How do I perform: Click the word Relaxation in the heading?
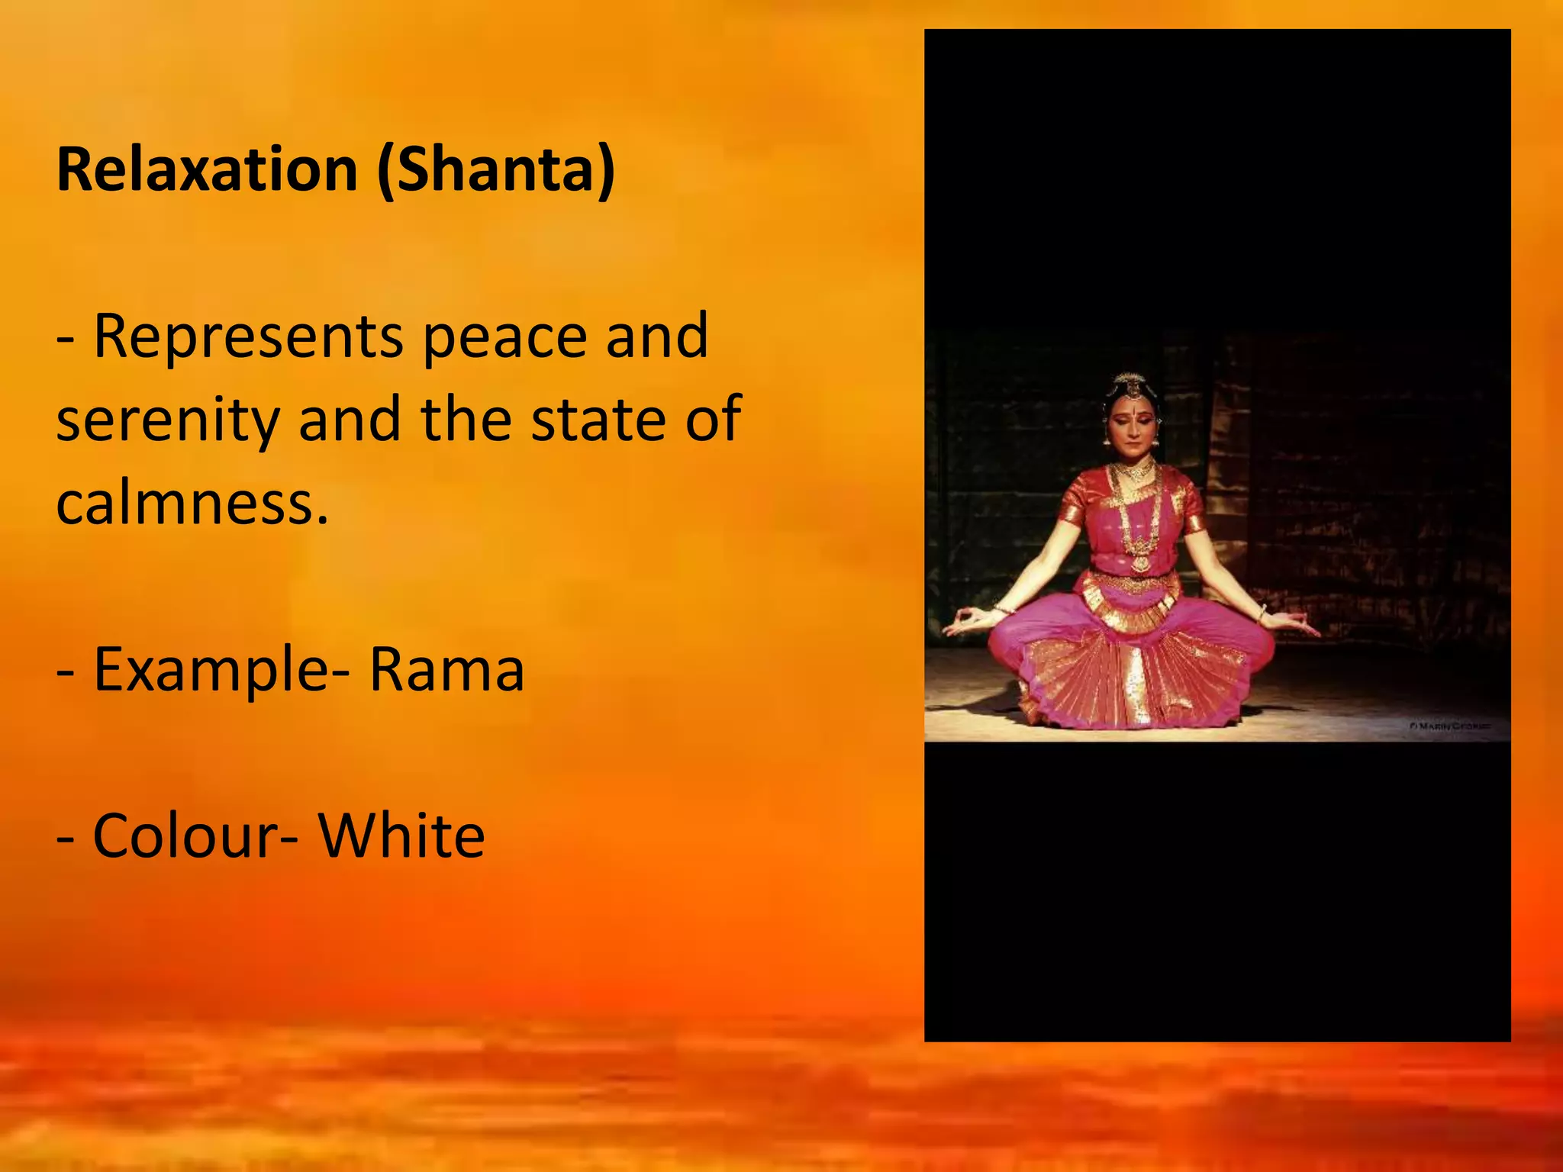tap(207, 169)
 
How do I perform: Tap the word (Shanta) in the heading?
tap(496, 169)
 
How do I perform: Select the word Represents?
tap(248, 336)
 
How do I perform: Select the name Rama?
tap(447, 670)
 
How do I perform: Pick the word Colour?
tap(187, 836)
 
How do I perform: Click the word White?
tap(401, 836)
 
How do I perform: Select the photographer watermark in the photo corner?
tap(1449, 726)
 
